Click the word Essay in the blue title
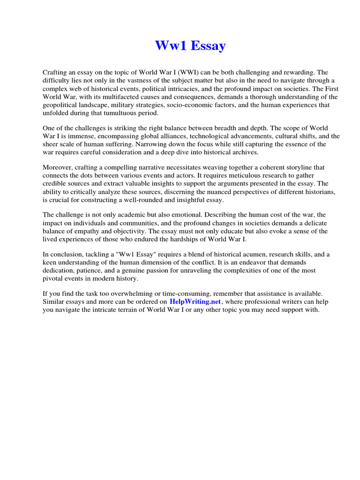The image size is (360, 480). tap(206, 46)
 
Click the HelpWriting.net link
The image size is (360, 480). tap(195, 302)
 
